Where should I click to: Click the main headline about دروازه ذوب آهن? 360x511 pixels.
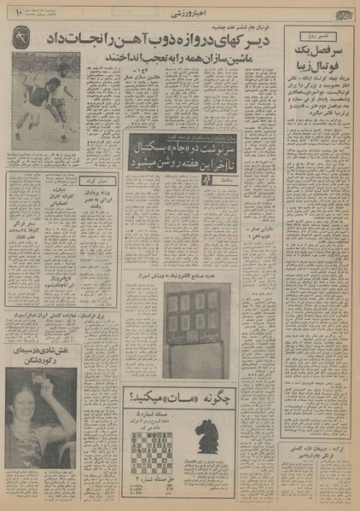175,40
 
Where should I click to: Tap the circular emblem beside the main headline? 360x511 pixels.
23,38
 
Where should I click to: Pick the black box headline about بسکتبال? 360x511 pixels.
176,158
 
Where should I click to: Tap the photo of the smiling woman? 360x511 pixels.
41,427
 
